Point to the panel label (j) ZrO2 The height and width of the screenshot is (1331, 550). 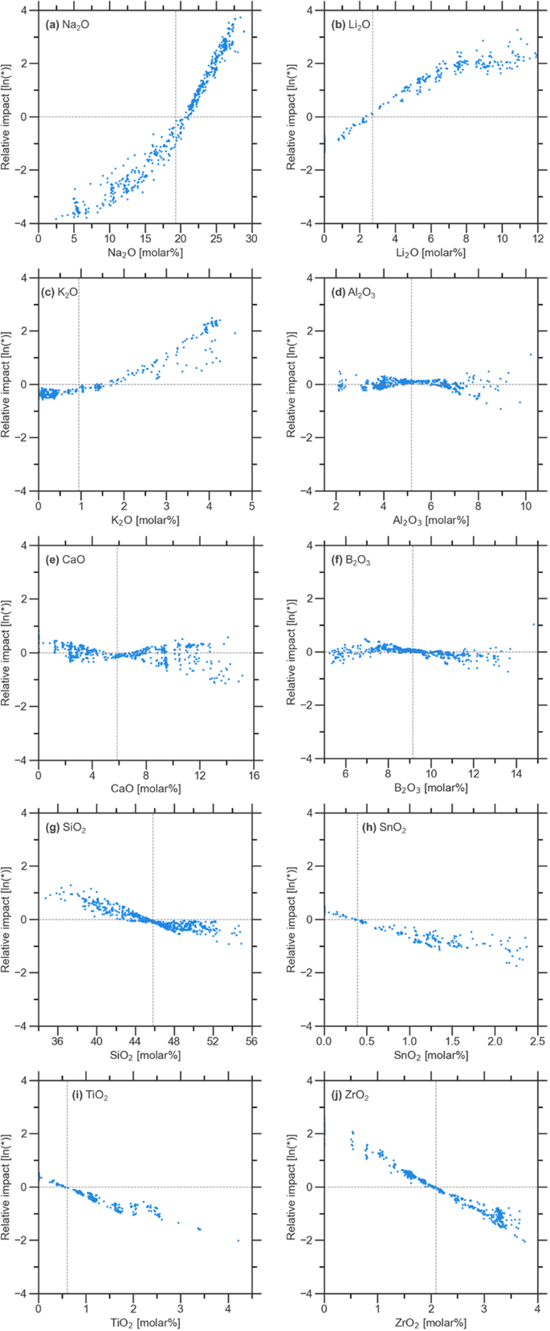pos(358,1094)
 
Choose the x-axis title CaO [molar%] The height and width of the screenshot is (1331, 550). pos(145,789)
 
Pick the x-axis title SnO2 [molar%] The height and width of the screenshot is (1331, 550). pos(430,1056)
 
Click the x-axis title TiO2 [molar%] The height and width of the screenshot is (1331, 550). pos(145,1323)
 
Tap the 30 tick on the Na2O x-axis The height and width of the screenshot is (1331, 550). pos(252,238)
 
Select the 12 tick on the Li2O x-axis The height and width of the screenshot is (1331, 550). pos(537,238)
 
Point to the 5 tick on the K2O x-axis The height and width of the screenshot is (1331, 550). pos(252,505)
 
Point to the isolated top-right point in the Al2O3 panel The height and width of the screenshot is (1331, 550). pos(531,355)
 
